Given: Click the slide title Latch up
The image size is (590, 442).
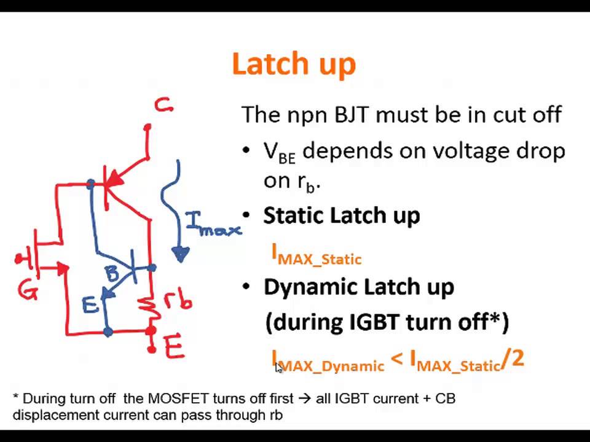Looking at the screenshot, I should [294, 64].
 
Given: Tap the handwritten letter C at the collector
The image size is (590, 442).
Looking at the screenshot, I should [163, 106].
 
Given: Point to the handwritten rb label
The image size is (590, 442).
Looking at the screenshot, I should [178, 300].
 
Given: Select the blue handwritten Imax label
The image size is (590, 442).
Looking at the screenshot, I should [212, 225].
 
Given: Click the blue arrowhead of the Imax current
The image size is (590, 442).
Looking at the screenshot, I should [180, 254].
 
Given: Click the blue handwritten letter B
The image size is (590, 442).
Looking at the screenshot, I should [112, 273].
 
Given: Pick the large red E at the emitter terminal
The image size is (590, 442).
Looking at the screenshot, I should [174, 347].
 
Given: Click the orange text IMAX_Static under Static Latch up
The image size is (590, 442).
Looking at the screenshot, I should [317, 255].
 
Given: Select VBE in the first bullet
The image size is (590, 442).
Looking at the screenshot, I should [279, 152].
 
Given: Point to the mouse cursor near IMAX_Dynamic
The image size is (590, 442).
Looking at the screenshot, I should [278, 367].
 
